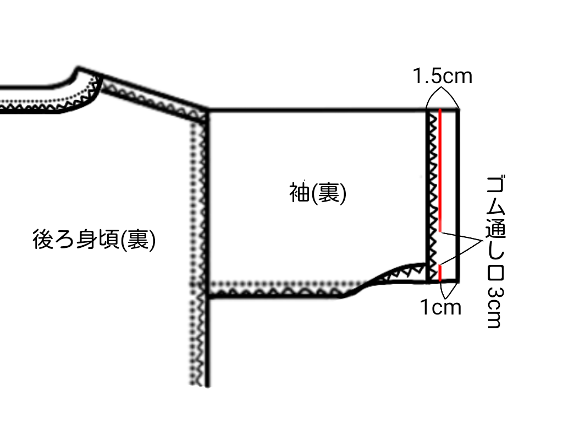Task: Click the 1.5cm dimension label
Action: pos(443,75)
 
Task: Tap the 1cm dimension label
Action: pos(441,307)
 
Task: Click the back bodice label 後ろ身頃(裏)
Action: pos(94,241)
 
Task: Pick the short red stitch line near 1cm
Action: pos(440,272)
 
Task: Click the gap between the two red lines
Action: pos(440,248)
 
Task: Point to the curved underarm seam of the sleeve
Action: pos(379,278)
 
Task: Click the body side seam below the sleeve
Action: pos(208,341)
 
